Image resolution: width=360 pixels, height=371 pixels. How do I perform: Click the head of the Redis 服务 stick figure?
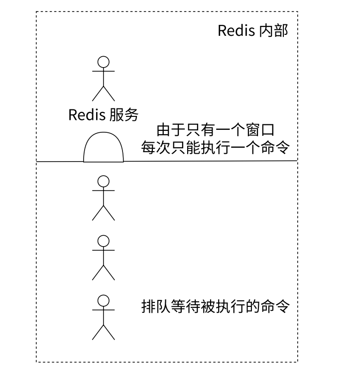point(103,62)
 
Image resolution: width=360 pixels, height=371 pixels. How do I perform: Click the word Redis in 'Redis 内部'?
point(237,31)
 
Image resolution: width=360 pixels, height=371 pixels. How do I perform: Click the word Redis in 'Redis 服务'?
point(87,115)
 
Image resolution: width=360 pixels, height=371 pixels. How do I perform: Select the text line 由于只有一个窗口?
point(216,131)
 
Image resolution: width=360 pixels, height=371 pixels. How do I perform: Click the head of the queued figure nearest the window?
point(103,181)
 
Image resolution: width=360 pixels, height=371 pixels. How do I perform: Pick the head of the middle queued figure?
point(103,241)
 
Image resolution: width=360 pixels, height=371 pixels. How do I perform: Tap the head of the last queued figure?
point(103,300)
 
